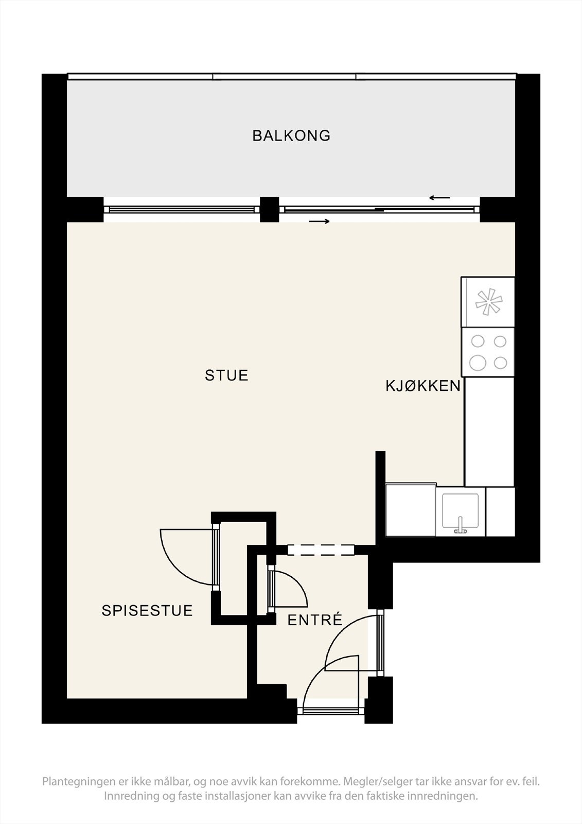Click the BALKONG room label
[291, 135]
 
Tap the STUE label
[226, 375]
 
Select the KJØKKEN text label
[423, 386]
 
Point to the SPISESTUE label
[147, 611]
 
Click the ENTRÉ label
[315, 620]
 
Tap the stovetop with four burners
[488, 352]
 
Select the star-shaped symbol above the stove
[488, 302]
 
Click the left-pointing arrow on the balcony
[439, 198]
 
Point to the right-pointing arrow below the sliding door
[319, 221]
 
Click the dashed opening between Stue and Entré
[321, 550]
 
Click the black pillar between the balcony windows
[269, 209]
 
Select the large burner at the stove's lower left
[478, 363]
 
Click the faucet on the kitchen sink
[461, 525]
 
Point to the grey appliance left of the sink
[411, 510]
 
